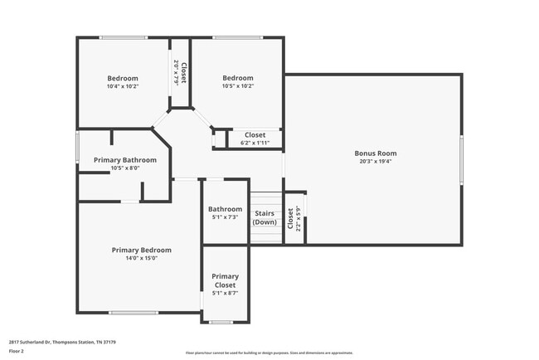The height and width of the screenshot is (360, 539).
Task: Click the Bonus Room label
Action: coord(375,153)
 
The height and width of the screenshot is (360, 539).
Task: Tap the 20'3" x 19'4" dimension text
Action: coord(375,162)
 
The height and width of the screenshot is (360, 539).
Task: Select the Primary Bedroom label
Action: coord(142,250)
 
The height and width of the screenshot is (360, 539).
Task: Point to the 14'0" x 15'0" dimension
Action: coord(142,258)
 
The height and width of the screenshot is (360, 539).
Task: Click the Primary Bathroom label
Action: coord(125,159)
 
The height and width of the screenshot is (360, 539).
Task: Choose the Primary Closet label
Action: coord(225,280)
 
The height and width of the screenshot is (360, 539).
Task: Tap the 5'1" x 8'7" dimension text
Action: coord(225,293)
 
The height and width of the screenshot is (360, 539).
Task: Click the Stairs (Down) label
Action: coord(265,218)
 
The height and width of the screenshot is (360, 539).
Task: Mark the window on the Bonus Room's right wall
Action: coord(462,158)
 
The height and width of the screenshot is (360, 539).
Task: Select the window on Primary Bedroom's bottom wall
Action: coord(134,313)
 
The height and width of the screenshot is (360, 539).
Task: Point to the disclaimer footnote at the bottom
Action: coord(269,353)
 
